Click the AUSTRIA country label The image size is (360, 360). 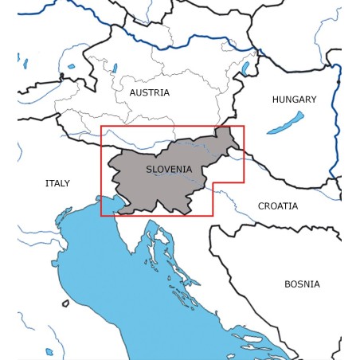point(149,92)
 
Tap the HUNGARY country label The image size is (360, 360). point(294,100)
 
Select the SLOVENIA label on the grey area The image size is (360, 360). point(169,169)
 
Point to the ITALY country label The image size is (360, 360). point(57,183)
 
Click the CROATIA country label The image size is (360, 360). point(278,205)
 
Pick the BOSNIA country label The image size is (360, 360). point(302,284)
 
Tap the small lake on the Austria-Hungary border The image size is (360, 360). point(245,68)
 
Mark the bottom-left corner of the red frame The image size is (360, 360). point(101,215)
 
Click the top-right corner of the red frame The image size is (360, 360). point(244,126)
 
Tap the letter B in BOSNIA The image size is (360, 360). point(288,284)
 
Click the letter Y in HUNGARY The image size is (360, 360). point(313,100)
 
